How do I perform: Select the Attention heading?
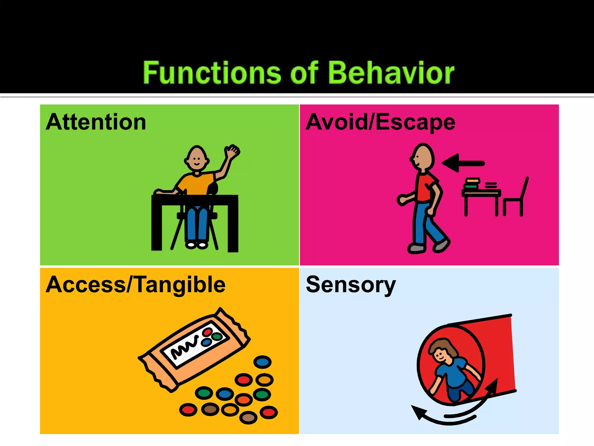tap(96, 122)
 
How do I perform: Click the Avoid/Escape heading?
tap(380, 122)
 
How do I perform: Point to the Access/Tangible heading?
tap(135, 285)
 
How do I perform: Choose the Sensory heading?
tap(351, 285)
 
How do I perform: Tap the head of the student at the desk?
tap(197, 159)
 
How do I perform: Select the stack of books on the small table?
tap(472, 183)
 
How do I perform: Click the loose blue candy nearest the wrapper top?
tap(262, 362)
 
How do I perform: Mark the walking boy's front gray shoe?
tap(417, 248)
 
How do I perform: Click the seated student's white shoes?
tap(197, 245)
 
